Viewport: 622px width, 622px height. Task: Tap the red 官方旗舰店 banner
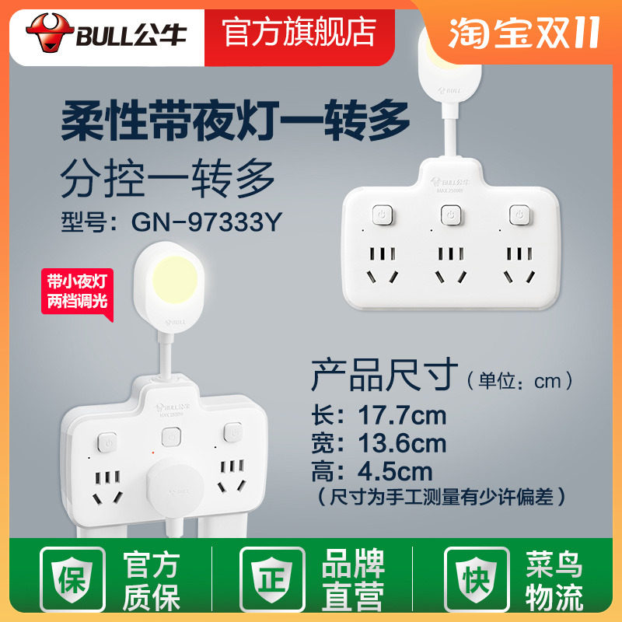(299, 31)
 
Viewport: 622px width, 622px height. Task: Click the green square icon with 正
(273, 579)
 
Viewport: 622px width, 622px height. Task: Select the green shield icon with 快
(474, 579)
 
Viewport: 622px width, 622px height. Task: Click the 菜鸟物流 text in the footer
(555, 581)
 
